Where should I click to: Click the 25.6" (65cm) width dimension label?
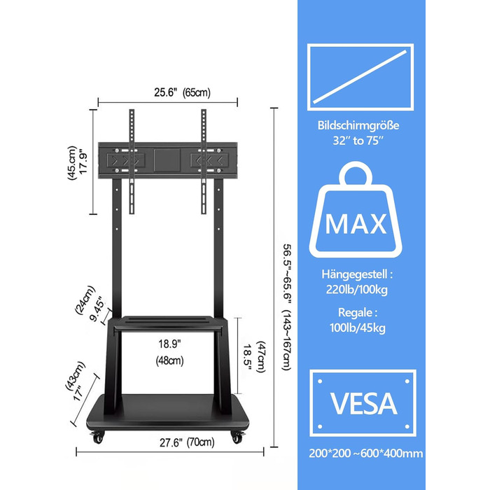(x=182, y=92)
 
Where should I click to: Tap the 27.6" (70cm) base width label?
(x=187, y=442)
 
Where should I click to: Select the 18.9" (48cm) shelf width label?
(x=169, y=352)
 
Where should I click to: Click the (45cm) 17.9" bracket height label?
(x=77, y=163)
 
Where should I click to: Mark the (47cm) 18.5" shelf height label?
(x=254, y=357)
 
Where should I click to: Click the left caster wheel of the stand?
(x=97, y=437)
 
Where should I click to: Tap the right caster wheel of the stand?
(x=237, y=437)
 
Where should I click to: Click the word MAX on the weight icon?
(x=356, y=224)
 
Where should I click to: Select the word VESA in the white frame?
(x=363, y=404)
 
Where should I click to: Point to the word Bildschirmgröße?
(x=358, y=125)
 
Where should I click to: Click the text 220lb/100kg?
(x=357, y=289)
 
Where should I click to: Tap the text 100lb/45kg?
(x=358, y=328)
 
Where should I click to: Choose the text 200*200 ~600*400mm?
(x=366, y=454)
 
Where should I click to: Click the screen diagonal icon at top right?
(x=360, y=77)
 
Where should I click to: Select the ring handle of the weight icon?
(x=356, y=175)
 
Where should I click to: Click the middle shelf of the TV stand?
(x=168, y=323)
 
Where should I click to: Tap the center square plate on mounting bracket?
(x=167, y=160)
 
